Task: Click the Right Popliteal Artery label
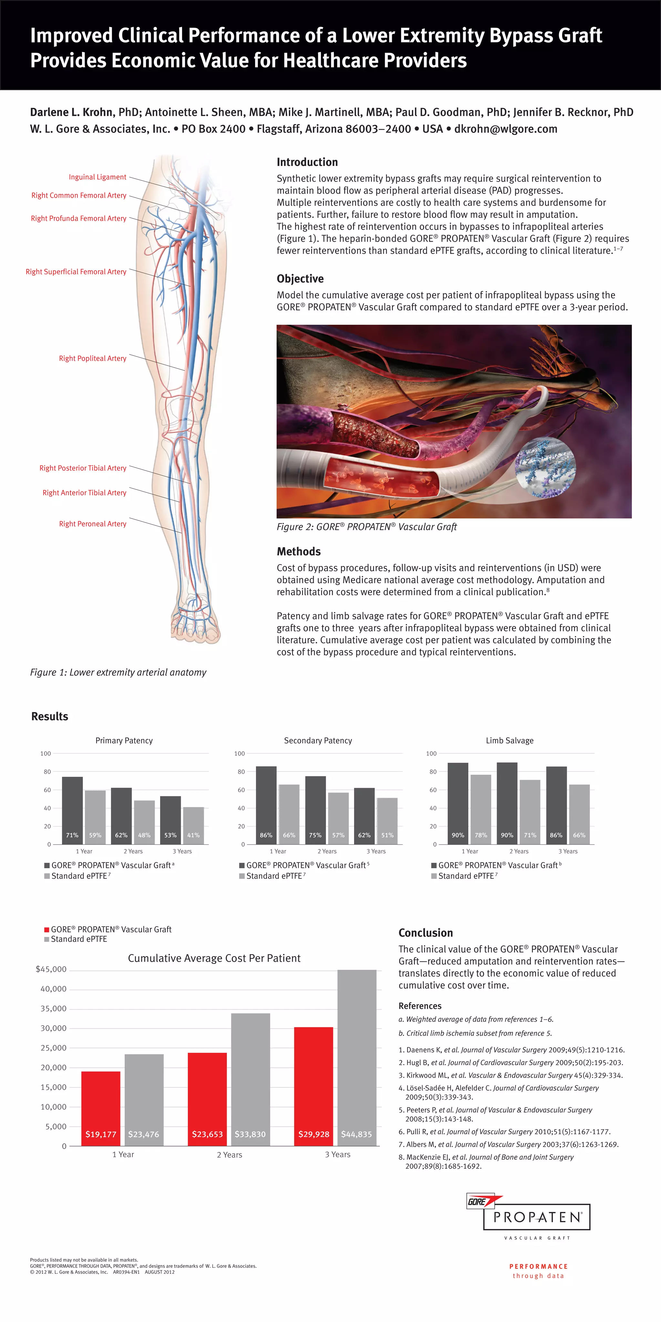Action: (x=92, y=358)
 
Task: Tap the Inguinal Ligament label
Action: (x=97, y=177)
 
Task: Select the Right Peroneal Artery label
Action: (x=92, y=524)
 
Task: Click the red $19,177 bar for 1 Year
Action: (x=101, y=1109)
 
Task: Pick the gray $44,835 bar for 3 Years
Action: (x=357, y=1057)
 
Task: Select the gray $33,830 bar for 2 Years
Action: (x=250, y=1078)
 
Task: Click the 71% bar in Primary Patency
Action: (x=72, y=810)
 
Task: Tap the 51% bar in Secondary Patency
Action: (x=387, y=821)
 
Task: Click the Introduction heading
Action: (x=307, y=162)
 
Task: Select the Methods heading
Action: (x=299, y=552)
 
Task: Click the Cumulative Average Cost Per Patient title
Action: (x=214, y=958)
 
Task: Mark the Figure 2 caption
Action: (x=366, y=527)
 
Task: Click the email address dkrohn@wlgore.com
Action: (x=505, y=129)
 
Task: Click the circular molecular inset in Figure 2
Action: (x=545, y=467)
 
